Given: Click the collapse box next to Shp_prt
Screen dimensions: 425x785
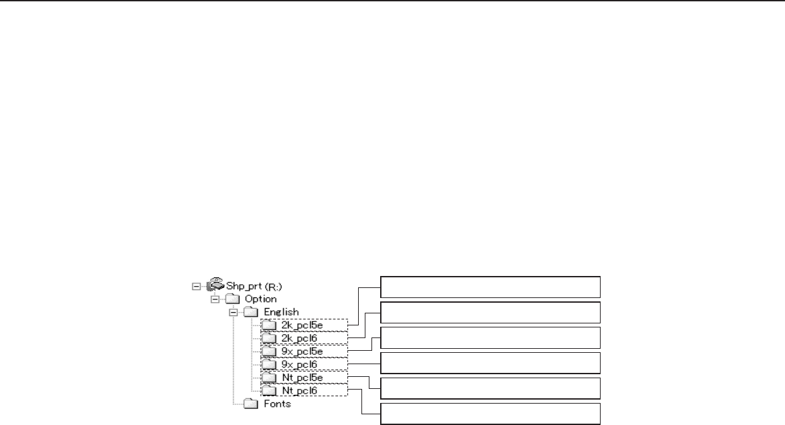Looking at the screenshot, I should pyautogui.click(x=196, y=286).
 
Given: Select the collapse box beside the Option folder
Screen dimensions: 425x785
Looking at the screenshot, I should pyautogui.click(x=216, y=299).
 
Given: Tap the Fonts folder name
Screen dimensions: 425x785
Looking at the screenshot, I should pyautogui.click(x=277, y=403).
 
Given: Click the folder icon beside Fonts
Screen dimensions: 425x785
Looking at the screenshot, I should pyautogui.click(x=251, y=403).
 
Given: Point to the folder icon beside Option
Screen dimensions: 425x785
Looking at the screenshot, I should pyautogui.click(x=233, y=299).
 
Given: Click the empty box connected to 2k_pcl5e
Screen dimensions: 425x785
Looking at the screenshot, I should pyautogui.click(x=490, y=287).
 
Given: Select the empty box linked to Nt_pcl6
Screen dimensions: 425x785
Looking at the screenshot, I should pyautogui.click(x=490, y=414).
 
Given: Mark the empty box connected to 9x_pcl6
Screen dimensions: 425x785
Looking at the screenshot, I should pyautogui.click(x=490, y=363).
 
